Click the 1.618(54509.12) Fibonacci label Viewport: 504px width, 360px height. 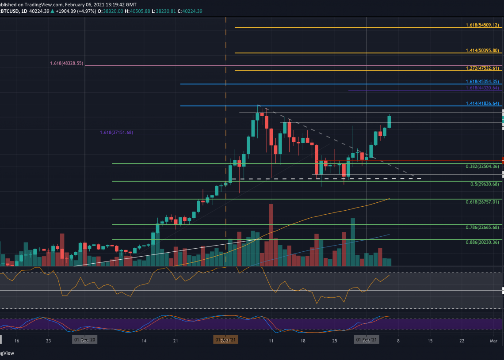pos(483,25)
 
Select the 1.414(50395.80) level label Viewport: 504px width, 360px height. pos(483,51)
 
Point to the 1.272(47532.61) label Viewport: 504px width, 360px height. pos(483,68)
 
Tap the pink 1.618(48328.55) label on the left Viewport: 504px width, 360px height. pos(66,64)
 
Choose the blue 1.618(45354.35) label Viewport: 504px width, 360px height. pos(483,82)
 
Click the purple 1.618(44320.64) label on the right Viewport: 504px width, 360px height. pos(483,88)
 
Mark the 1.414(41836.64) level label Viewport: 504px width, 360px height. pos(483,104)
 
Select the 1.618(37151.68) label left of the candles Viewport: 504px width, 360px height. pos(116,133)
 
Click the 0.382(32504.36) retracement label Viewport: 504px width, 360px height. pos(483,167)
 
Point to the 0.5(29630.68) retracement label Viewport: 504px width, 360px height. pos(485,184)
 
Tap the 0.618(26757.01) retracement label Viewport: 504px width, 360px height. pos(483,202)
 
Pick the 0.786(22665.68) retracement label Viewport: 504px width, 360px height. pos(483,227)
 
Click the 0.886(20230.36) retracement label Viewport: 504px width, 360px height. pos(483,243)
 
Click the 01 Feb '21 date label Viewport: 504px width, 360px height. pos(367,340)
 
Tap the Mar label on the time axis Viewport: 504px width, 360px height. pos(493,341)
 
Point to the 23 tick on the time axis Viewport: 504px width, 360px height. pos(48,341)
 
